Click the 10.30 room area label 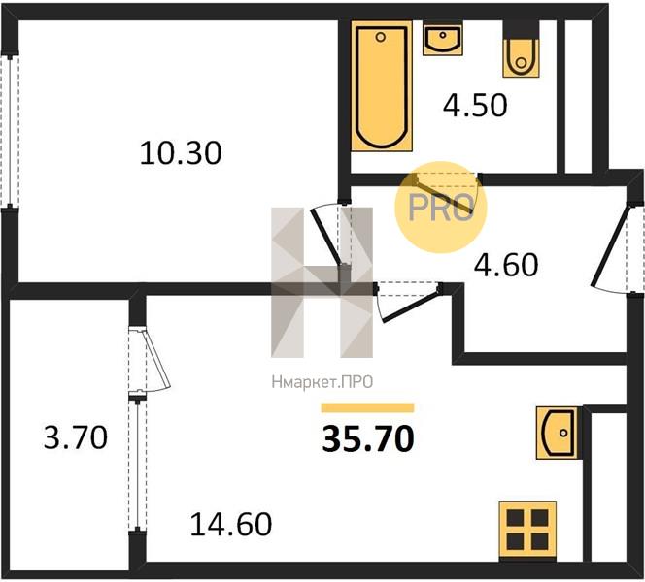pyautogui.click(x=181, y=153)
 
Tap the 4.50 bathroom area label pyautogui.click(x=475, y=105)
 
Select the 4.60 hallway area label pyautogui.click(x=506, y=265)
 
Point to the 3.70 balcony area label pyautogui.click(x=76, y=437)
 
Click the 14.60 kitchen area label pyautogui.click(x=231, y=524)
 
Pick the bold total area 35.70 pyautogui.click(x=368, y=438)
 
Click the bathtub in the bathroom pyautogui.click(x=382, y=85)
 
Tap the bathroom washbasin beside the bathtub pyautogui.click(x=443, y=40)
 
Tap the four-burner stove pyautogui.click(x=527, y=532)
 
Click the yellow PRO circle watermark pyautogui.click(x=441, y=207)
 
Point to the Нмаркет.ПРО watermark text pyautogui.click(x=322, y=382)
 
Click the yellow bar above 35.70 pyautogui.click(x=368, y=407)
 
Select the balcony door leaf pyautogui.click(x=157, y=358)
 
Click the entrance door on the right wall pyautogui.click(x=609, y=247)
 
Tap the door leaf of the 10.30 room pyautogui.click(x=325, y=237)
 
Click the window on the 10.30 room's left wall pyautogui.click(x=10, y=131)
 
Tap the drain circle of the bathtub pyautogui.click(x=381, y=38)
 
